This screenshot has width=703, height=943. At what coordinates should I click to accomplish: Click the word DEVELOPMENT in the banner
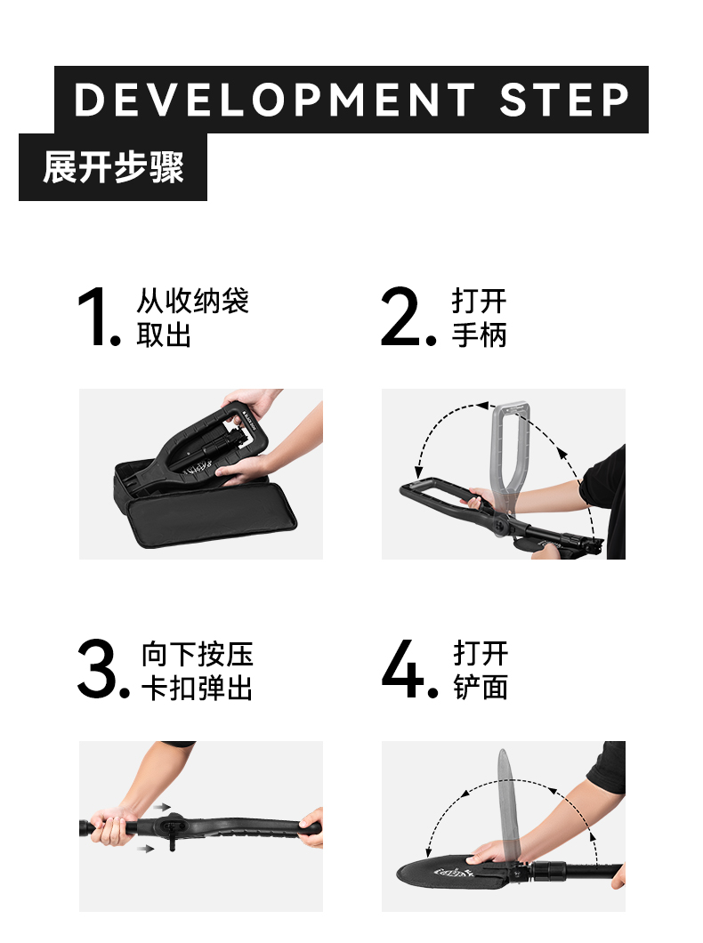275,100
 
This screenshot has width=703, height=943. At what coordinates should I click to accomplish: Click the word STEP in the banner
564,100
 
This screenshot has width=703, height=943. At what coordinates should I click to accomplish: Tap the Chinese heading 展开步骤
113,167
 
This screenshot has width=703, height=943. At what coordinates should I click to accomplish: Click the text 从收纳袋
192,301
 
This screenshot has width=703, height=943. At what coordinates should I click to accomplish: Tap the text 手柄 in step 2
480,335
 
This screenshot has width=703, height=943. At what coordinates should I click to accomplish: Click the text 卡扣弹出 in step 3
198,688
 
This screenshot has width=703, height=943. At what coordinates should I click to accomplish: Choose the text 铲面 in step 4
481,688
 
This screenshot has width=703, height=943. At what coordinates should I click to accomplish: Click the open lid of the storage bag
213,515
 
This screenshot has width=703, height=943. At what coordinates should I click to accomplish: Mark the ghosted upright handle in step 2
511,457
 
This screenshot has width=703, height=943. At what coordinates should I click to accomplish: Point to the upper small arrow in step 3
162,807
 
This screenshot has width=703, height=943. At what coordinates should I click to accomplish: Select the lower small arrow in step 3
145,849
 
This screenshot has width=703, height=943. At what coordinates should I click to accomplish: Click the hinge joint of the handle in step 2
500,527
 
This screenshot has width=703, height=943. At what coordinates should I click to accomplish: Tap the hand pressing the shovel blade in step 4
490,853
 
